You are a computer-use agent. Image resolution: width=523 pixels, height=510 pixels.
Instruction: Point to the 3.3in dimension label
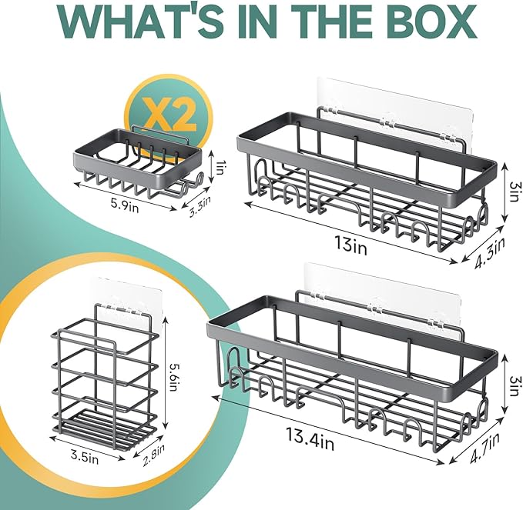(200, 206)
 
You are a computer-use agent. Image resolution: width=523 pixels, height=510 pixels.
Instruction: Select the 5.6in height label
(174, 376)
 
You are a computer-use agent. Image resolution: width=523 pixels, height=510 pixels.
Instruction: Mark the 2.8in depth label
(153, 455)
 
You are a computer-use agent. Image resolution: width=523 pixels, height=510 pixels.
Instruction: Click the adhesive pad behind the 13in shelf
(396, 114)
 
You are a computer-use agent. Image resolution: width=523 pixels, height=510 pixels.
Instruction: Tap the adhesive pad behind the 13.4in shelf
(384, 302)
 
